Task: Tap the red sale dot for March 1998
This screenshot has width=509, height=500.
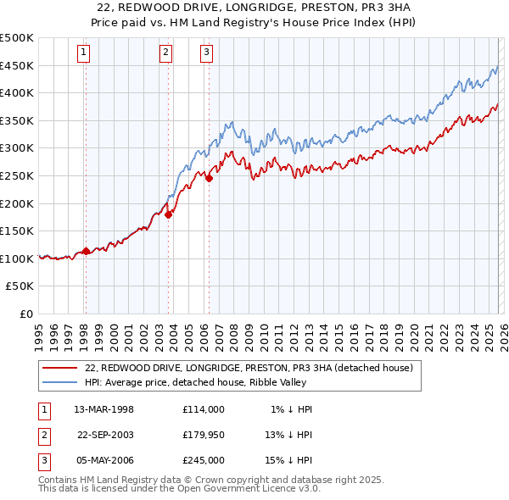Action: point(86,251)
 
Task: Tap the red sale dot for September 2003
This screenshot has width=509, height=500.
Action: point(169,214)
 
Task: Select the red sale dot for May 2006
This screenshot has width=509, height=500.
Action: point(209,179)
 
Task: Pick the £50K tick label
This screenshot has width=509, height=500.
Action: point(20,286)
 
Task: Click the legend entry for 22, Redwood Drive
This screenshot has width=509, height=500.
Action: point(249,368)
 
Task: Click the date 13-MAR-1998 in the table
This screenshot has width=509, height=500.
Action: point(104,409)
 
